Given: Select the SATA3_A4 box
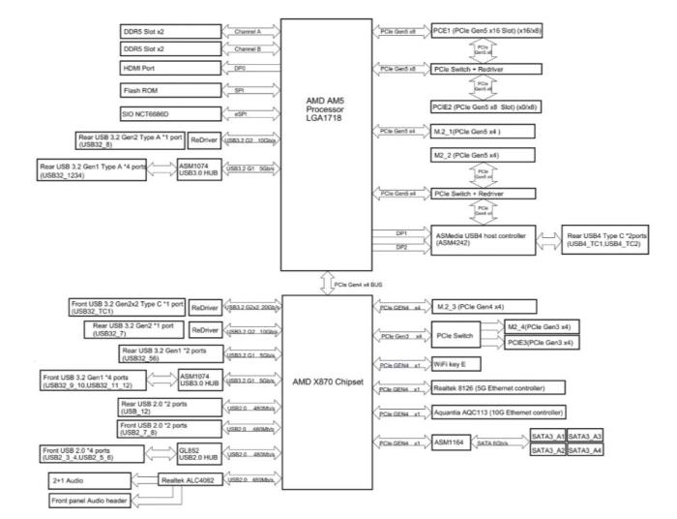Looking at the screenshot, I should tap(585, 451).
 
